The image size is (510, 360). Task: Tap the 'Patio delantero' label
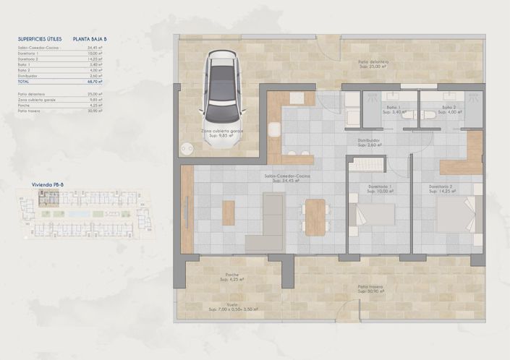[x=374, y=62]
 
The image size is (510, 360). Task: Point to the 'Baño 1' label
[x=394, y=108]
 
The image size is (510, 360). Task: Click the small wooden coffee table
[x=229, y=213]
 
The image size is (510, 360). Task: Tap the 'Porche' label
[x=232, y=275]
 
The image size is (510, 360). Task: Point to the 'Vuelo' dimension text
[x=232, y=307]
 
